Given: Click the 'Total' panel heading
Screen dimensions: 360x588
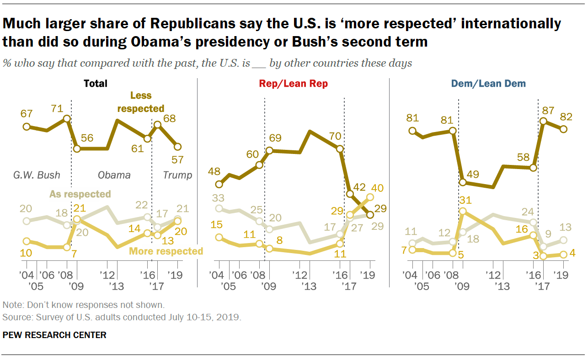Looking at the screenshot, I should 96,84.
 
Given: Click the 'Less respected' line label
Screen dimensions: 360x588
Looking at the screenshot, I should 141,102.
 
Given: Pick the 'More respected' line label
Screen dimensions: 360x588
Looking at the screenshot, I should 166,251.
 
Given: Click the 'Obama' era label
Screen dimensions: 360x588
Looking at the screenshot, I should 114,175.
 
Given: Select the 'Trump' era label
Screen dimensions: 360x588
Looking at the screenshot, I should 178,175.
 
